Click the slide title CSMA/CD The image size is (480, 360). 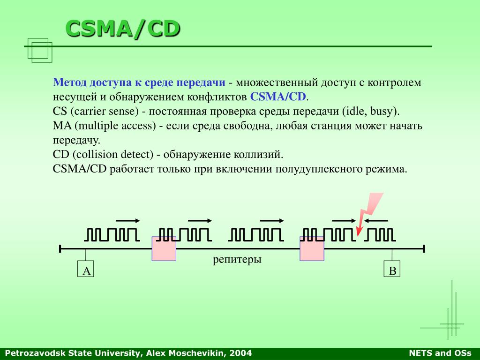click(x=123, y=29)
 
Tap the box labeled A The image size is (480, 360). click(x=85, y=269)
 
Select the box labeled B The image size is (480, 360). click(x=392, y=269)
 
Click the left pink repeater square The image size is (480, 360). click(x=164, y=248)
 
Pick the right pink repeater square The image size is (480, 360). click(x=312, y=248)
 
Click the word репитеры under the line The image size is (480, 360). click(x=237, y=260)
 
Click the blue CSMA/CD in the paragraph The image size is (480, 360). click(x=278, y=97)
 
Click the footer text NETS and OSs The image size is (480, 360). click(x=440, y=353)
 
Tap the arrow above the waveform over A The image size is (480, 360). click(x=128, y=221)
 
